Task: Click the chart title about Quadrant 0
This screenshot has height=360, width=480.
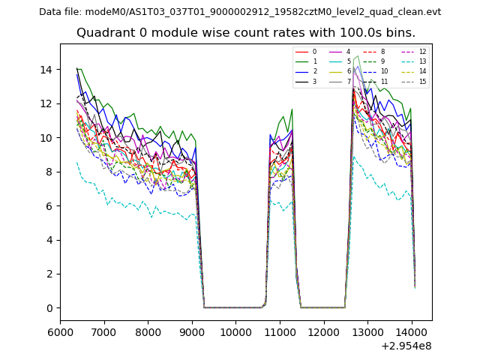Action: pyautogui.click(x=245, y=33)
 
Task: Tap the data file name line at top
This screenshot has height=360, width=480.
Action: pyautogui.click(x=240, y=12)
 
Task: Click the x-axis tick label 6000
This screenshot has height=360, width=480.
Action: pyautogui.click(x=60, y=331)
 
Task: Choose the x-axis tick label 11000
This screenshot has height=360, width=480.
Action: pyautogui.click(x=280, y=331)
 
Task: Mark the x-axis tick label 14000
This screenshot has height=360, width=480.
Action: pyautogui.click(x=412, y=331)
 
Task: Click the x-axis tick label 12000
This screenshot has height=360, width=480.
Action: pyautogui.click(x=324, y=331)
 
